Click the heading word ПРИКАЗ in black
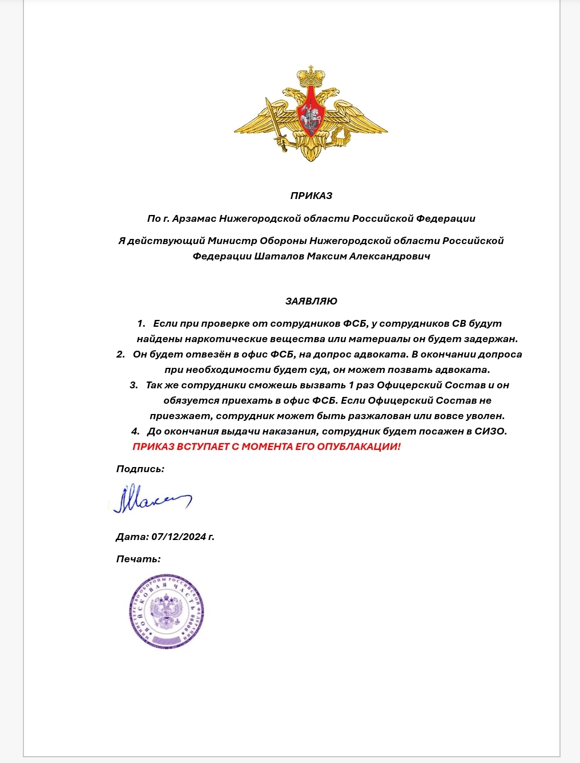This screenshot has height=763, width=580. (x=311, y=196)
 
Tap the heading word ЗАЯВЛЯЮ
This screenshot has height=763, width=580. (x=311, y=301)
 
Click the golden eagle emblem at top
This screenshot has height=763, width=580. (x=311, y=114)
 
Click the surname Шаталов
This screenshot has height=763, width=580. (x=279, y=256)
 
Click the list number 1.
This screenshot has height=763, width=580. (x=140, y=323)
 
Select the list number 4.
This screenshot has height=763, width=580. (x=135, y=431)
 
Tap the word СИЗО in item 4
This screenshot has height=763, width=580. (x=490, y=431)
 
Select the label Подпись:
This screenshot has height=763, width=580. (x=140, y=469)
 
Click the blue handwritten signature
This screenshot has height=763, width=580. (x=151, y=500)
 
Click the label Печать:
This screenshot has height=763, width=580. (x=138, y=559)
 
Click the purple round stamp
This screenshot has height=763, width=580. (x=166, y=612)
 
